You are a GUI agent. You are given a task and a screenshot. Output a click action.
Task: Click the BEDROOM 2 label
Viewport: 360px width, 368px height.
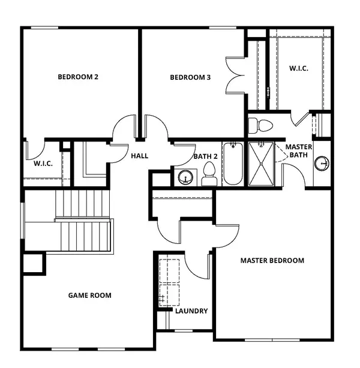click(77, 77)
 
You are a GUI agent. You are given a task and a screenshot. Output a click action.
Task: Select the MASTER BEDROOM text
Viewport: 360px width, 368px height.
click(272, 261)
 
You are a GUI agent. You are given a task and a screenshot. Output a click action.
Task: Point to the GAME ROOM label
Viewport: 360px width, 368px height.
click(89, 295)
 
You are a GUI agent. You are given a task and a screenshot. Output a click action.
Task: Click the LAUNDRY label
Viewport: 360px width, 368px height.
click(191, 311)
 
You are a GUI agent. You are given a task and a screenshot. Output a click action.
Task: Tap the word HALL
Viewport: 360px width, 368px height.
click(139, 156)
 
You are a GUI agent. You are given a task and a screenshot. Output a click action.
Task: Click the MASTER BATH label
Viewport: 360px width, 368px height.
click(298, 151)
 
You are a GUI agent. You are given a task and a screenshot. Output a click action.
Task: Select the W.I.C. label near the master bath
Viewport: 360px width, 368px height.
click(299, 68)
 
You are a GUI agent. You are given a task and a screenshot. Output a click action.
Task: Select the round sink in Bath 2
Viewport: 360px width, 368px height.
click(185, 177)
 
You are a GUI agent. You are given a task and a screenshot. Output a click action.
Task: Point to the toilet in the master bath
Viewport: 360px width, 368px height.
click(260, 125)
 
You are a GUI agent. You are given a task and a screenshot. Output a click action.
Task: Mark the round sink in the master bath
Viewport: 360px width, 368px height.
click(323, 163)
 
